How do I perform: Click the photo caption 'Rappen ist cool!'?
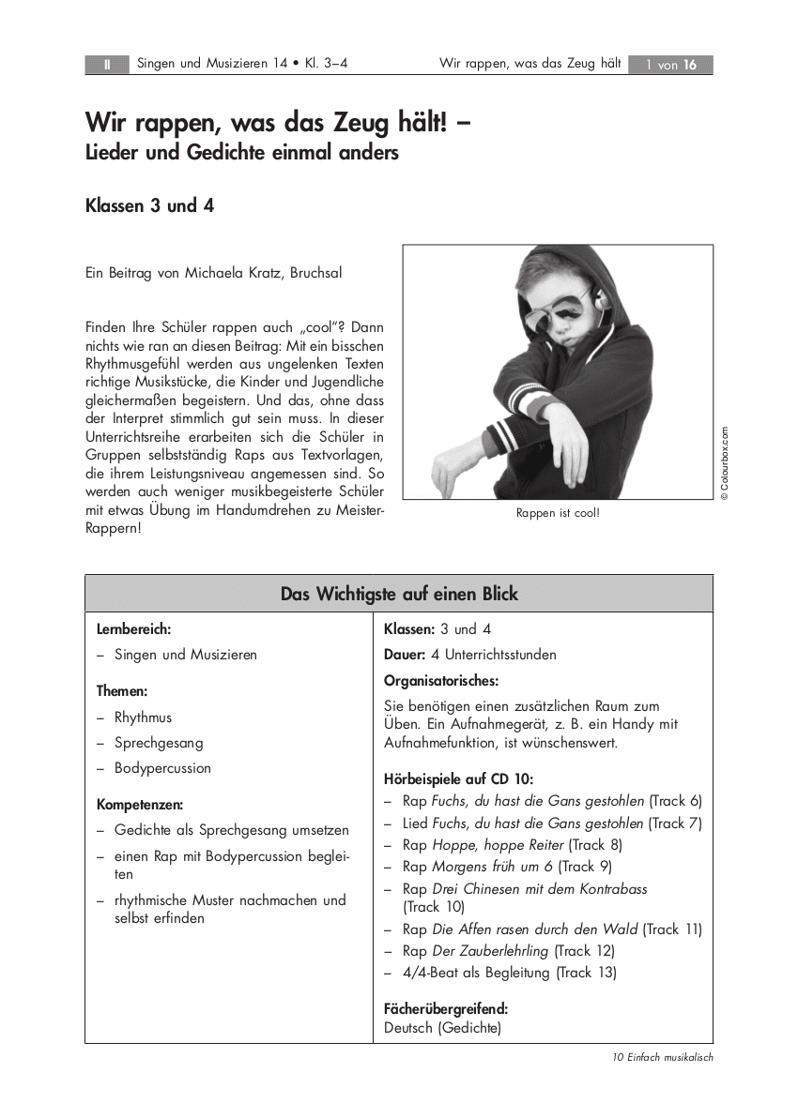[558, 513]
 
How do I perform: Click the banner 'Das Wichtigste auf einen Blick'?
[399, 594]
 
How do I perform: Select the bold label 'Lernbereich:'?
[133, 629]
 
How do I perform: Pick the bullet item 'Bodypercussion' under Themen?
[162, 768]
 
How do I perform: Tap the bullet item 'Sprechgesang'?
[159, 743]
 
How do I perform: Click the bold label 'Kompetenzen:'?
[140, 805]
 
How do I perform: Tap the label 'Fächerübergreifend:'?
[446, 1009]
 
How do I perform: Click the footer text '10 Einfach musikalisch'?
[663, 1057]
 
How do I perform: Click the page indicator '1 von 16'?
[670, 65]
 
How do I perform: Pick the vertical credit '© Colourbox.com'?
[725, 464]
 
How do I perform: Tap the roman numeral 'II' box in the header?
[107, 65]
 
